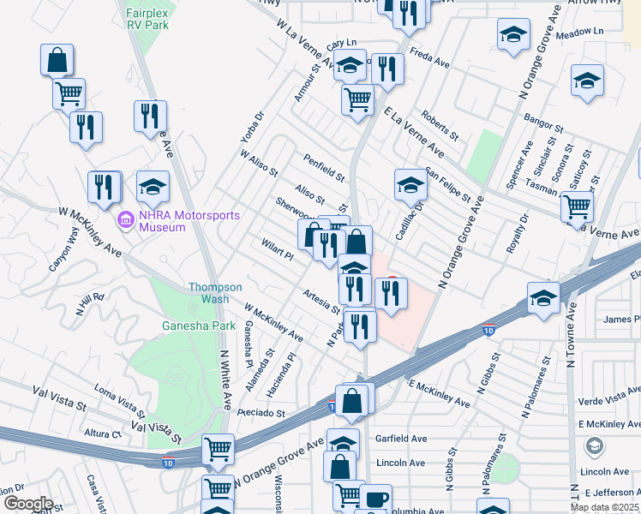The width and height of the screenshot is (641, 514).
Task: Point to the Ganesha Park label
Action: (187, 326)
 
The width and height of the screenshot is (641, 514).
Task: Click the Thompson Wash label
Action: (215, 293)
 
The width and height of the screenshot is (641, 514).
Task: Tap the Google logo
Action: (28, 504)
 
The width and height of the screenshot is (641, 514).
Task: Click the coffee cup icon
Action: (374, 499)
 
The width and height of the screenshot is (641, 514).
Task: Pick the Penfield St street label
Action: (324, 167)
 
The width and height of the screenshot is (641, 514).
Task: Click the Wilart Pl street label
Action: (278, 250)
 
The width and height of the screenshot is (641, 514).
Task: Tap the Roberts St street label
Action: (440, 125)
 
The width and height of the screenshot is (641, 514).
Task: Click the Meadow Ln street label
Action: (580, 32)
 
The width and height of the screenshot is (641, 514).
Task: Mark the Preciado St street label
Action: (262, 413)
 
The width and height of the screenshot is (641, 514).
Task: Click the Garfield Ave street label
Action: (401, 438)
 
